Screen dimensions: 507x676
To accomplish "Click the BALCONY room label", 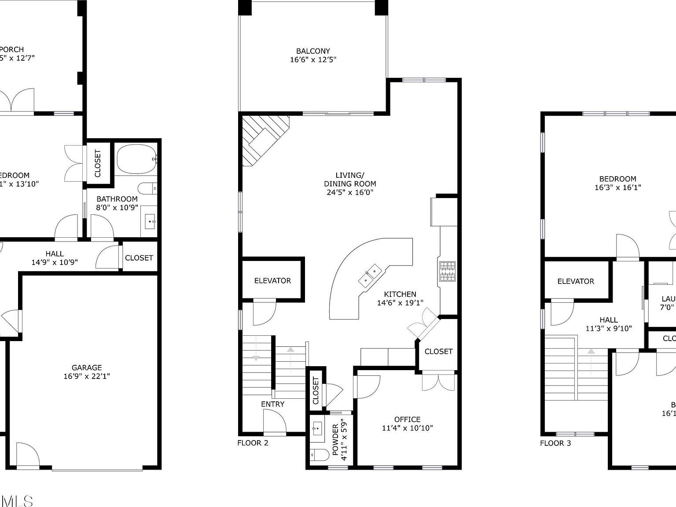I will [x=313, y=51].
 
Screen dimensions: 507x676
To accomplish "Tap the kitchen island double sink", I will [x=370, y=276].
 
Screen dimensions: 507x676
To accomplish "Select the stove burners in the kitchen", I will [x=447, y=271].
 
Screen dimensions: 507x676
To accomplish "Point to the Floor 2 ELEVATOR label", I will [x=272, y=281].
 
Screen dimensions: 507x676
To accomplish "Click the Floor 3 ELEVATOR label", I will [x=576, y=281].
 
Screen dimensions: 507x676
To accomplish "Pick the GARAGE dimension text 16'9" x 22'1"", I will [x=87, y=376].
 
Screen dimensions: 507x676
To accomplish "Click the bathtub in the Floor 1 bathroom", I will [x=136, y=159].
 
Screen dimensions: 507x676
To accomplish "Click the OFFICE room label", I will [x=407, y=419].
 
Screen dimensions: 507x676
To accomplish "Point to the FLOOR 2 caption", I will [x=253, y=443].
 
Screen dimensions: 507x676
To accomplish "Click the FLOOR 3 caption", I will [x=555, y=443].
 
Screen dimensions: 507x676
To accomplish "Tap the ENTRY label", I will [x=272, y=404].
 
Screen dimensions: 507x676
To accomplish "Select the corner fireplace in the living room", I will [x=263, y=139].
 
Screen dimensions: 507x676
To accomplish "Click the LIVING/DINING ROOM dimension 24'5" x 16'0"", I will [x=350, y=192].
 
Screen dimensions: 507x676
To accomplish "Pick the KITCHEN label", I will [x=400, y=294].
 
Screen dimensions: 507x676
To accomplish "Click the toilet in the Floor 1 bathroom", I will [x=147, y=189].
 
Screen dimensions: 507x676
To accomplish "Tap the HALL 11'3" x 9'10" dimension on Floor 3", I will [x=608, y=328].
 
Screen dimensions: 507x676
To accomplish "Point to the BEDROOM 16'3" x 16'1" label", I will [x=617, y=179].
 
